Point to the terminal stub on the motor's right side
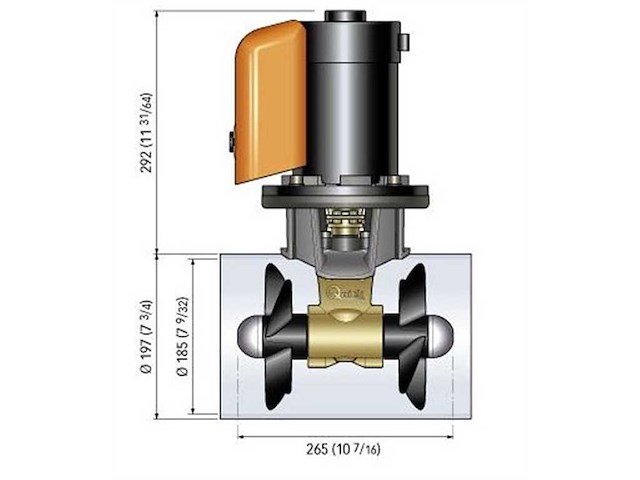click(405, 41)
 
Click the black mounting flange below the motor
click(345, 194)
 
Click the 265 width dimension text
click(345, 448)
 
